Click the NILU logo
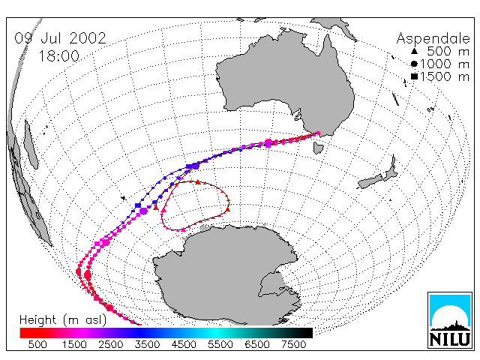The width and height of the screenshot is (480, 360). point(450,320)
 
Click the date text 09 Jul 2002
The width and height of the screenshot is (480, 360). point(60,38)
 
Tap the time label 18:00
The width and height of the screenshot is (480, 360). point(59,56)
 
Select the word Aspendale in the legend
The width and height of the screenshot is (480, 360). point(433,39)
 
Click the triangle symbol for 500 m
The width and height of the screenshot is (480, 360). point(414,51)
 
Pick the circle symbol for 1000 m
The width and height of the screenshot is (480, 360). point(414,64)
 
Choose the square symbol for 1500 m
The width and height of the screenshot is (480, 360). point(414,76)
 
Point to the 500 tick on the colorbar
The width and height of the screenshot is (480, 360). point(37,344)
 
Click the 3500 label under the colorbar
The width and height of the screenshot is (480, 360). point(147,344)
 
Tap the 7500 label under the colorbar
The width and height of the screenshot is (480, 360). point(293,344)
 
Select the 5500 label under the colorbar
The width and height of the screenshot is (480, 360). point(220,344)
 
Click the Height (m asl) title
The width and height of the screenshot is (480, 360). point(63,320)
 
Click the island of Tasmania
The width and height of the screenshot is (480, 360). point(318,148)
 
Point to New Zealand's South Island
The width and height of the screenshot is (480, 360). point(371,181)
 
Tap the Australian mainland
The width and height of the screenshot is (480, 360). point(288,82)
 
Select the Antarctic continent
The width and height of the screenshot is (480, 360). point(226,275)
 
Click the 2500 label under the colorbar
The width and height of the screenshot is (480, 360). point(111,344)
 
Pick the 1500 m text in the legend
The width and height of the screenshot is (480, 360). point(445,76)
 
